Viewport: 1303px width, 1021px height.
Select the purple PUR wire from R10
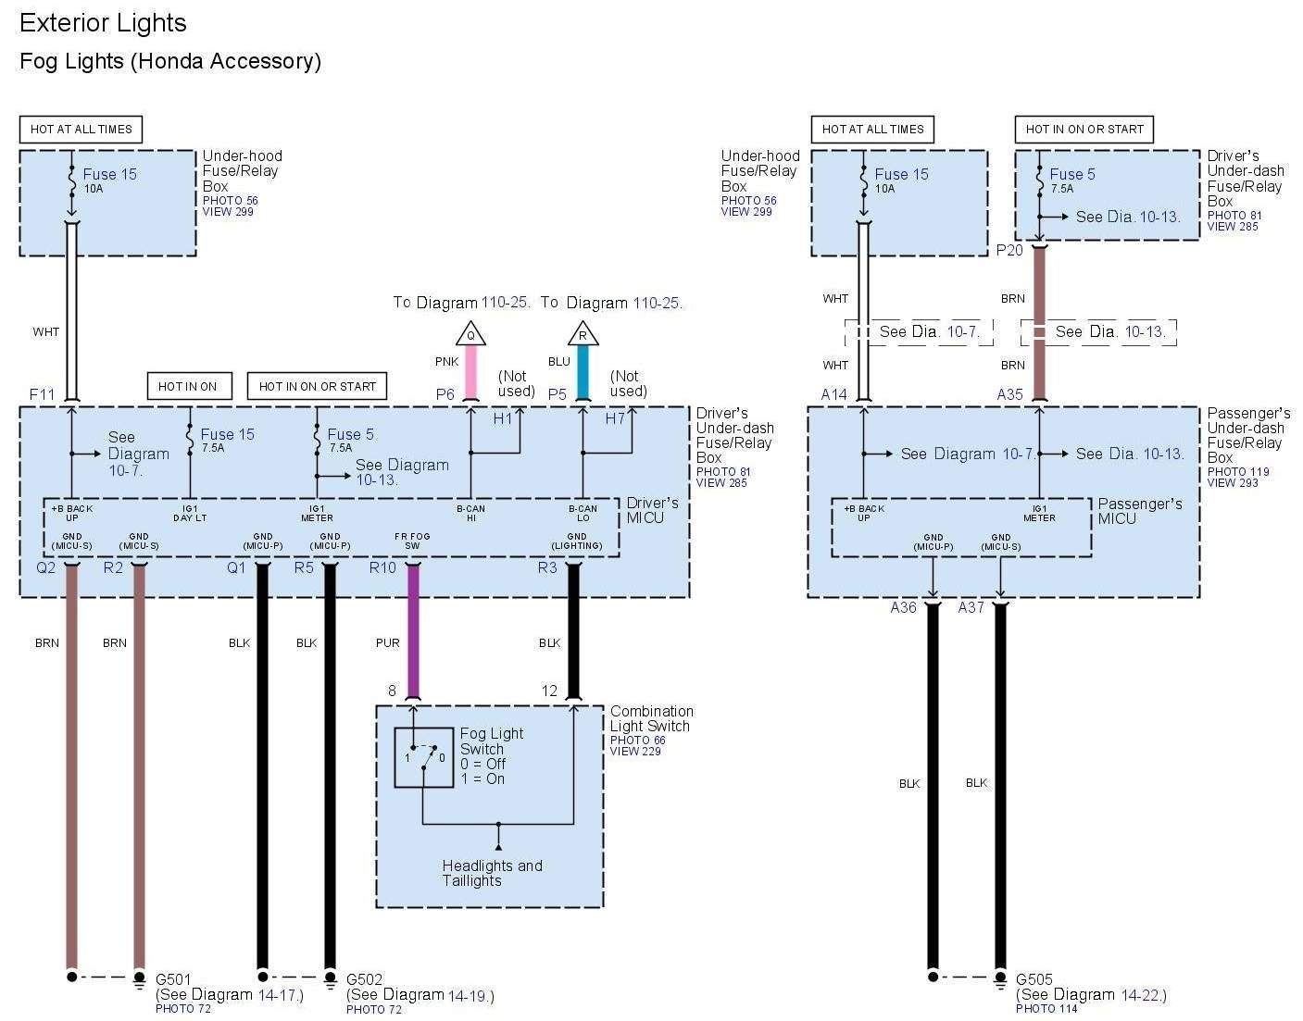tap(413, 629)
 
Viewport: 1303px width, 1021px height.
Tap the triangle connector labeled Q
tap(470, 334)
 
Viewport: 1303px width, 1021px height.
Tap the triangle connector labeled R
tap(583, 334)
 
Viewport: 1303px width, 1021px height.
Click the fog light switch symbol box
tap(423, 757)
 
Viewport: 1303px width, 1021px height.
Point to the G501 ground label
tap(173, 979)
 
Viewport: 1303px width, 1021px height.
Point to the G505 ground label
tap(1034, 979)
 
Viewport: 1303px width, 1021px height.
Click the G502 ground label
tap(364, 979)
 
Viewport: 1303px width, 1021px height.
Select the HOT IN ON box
tap(188, 386)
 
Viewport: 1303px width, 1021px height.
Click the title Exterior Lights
tap(103, 23)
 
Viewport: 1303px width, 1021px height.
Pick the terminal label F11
tap(43, 394)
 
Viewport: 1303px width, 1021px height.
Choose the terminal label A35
tap(1009, 394)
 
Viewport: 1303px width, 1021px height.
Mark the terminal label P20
tap(1009, 250)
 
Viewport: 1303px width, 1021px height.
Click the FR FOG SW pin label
tap(412, 541)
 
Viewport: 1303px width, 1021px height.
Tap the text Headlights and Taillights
tap(492, 873)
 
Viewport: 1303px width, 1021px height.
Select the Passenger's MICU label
tap(1139, 511)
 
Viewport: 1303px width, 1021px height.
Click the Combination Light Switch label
tap(651, 718)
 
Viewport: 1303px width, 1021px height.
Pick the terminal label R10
tap(382, 567)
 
